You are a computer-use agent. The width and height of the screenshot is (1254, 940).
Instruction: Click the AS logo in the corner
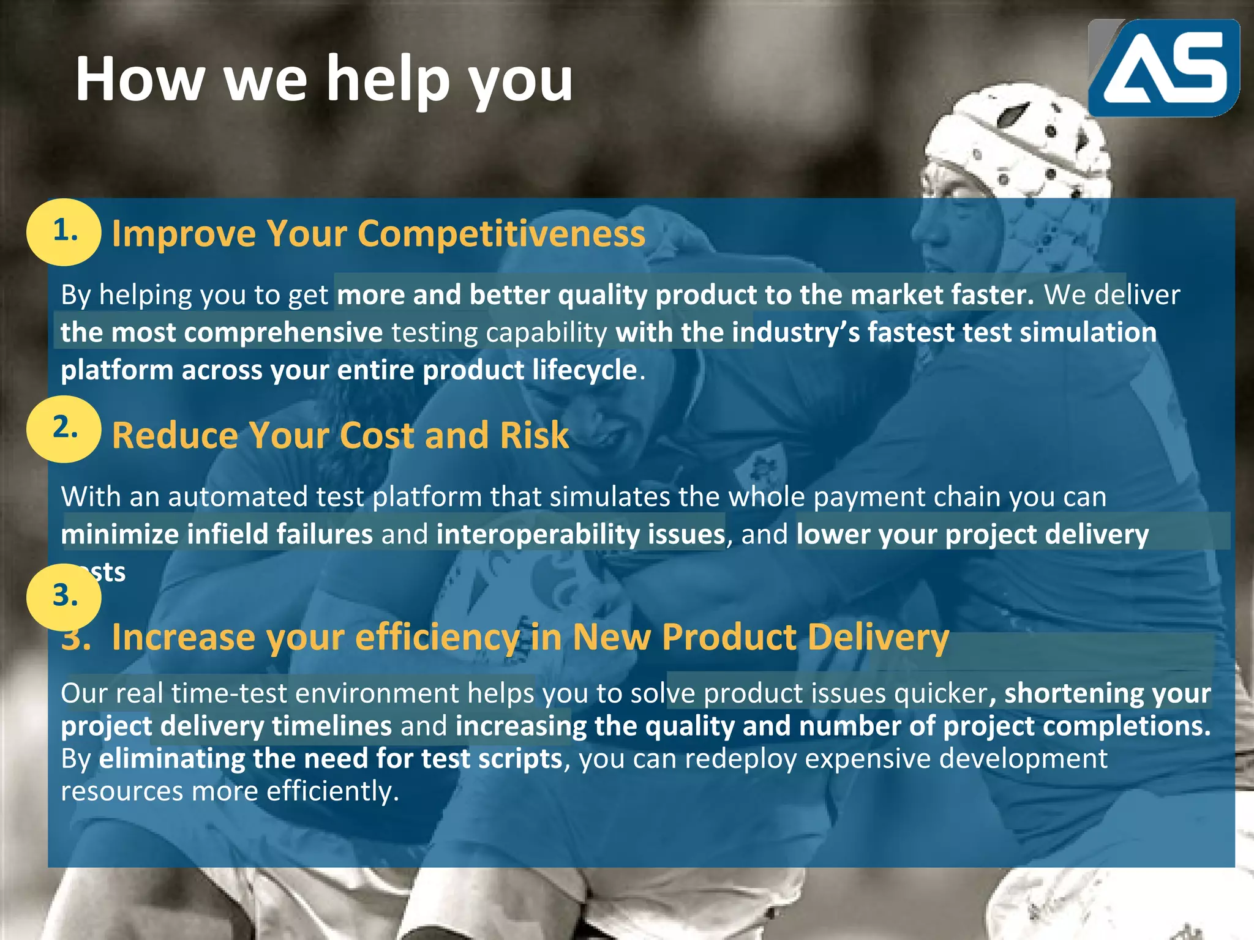point(1163,67)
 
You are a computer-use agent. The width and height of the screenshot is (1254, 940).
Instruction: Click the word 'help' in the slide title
point(388,80)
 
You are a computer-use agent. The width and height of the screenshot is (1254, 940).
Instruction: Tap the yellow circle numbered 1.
point(64,232)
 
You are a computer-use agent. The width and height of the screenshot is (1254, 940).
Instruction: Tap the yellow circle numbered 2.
point(64,428)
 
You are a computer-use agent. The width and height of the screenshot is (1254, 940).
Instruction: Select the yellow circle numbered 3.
point(64,597)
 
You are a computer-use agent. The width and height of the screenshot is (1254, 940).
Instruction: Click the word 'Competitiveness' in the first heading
point(501,234)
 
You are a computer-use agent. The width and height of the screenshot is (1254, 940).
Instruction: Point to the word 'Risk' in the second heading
point(534,436)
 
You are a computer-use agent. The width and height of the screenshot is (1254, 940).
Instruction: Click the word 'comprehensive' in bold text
point(283,333)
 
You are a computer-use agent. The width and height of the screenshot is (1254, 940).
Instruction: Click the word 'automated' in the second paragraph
point(237,497)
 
